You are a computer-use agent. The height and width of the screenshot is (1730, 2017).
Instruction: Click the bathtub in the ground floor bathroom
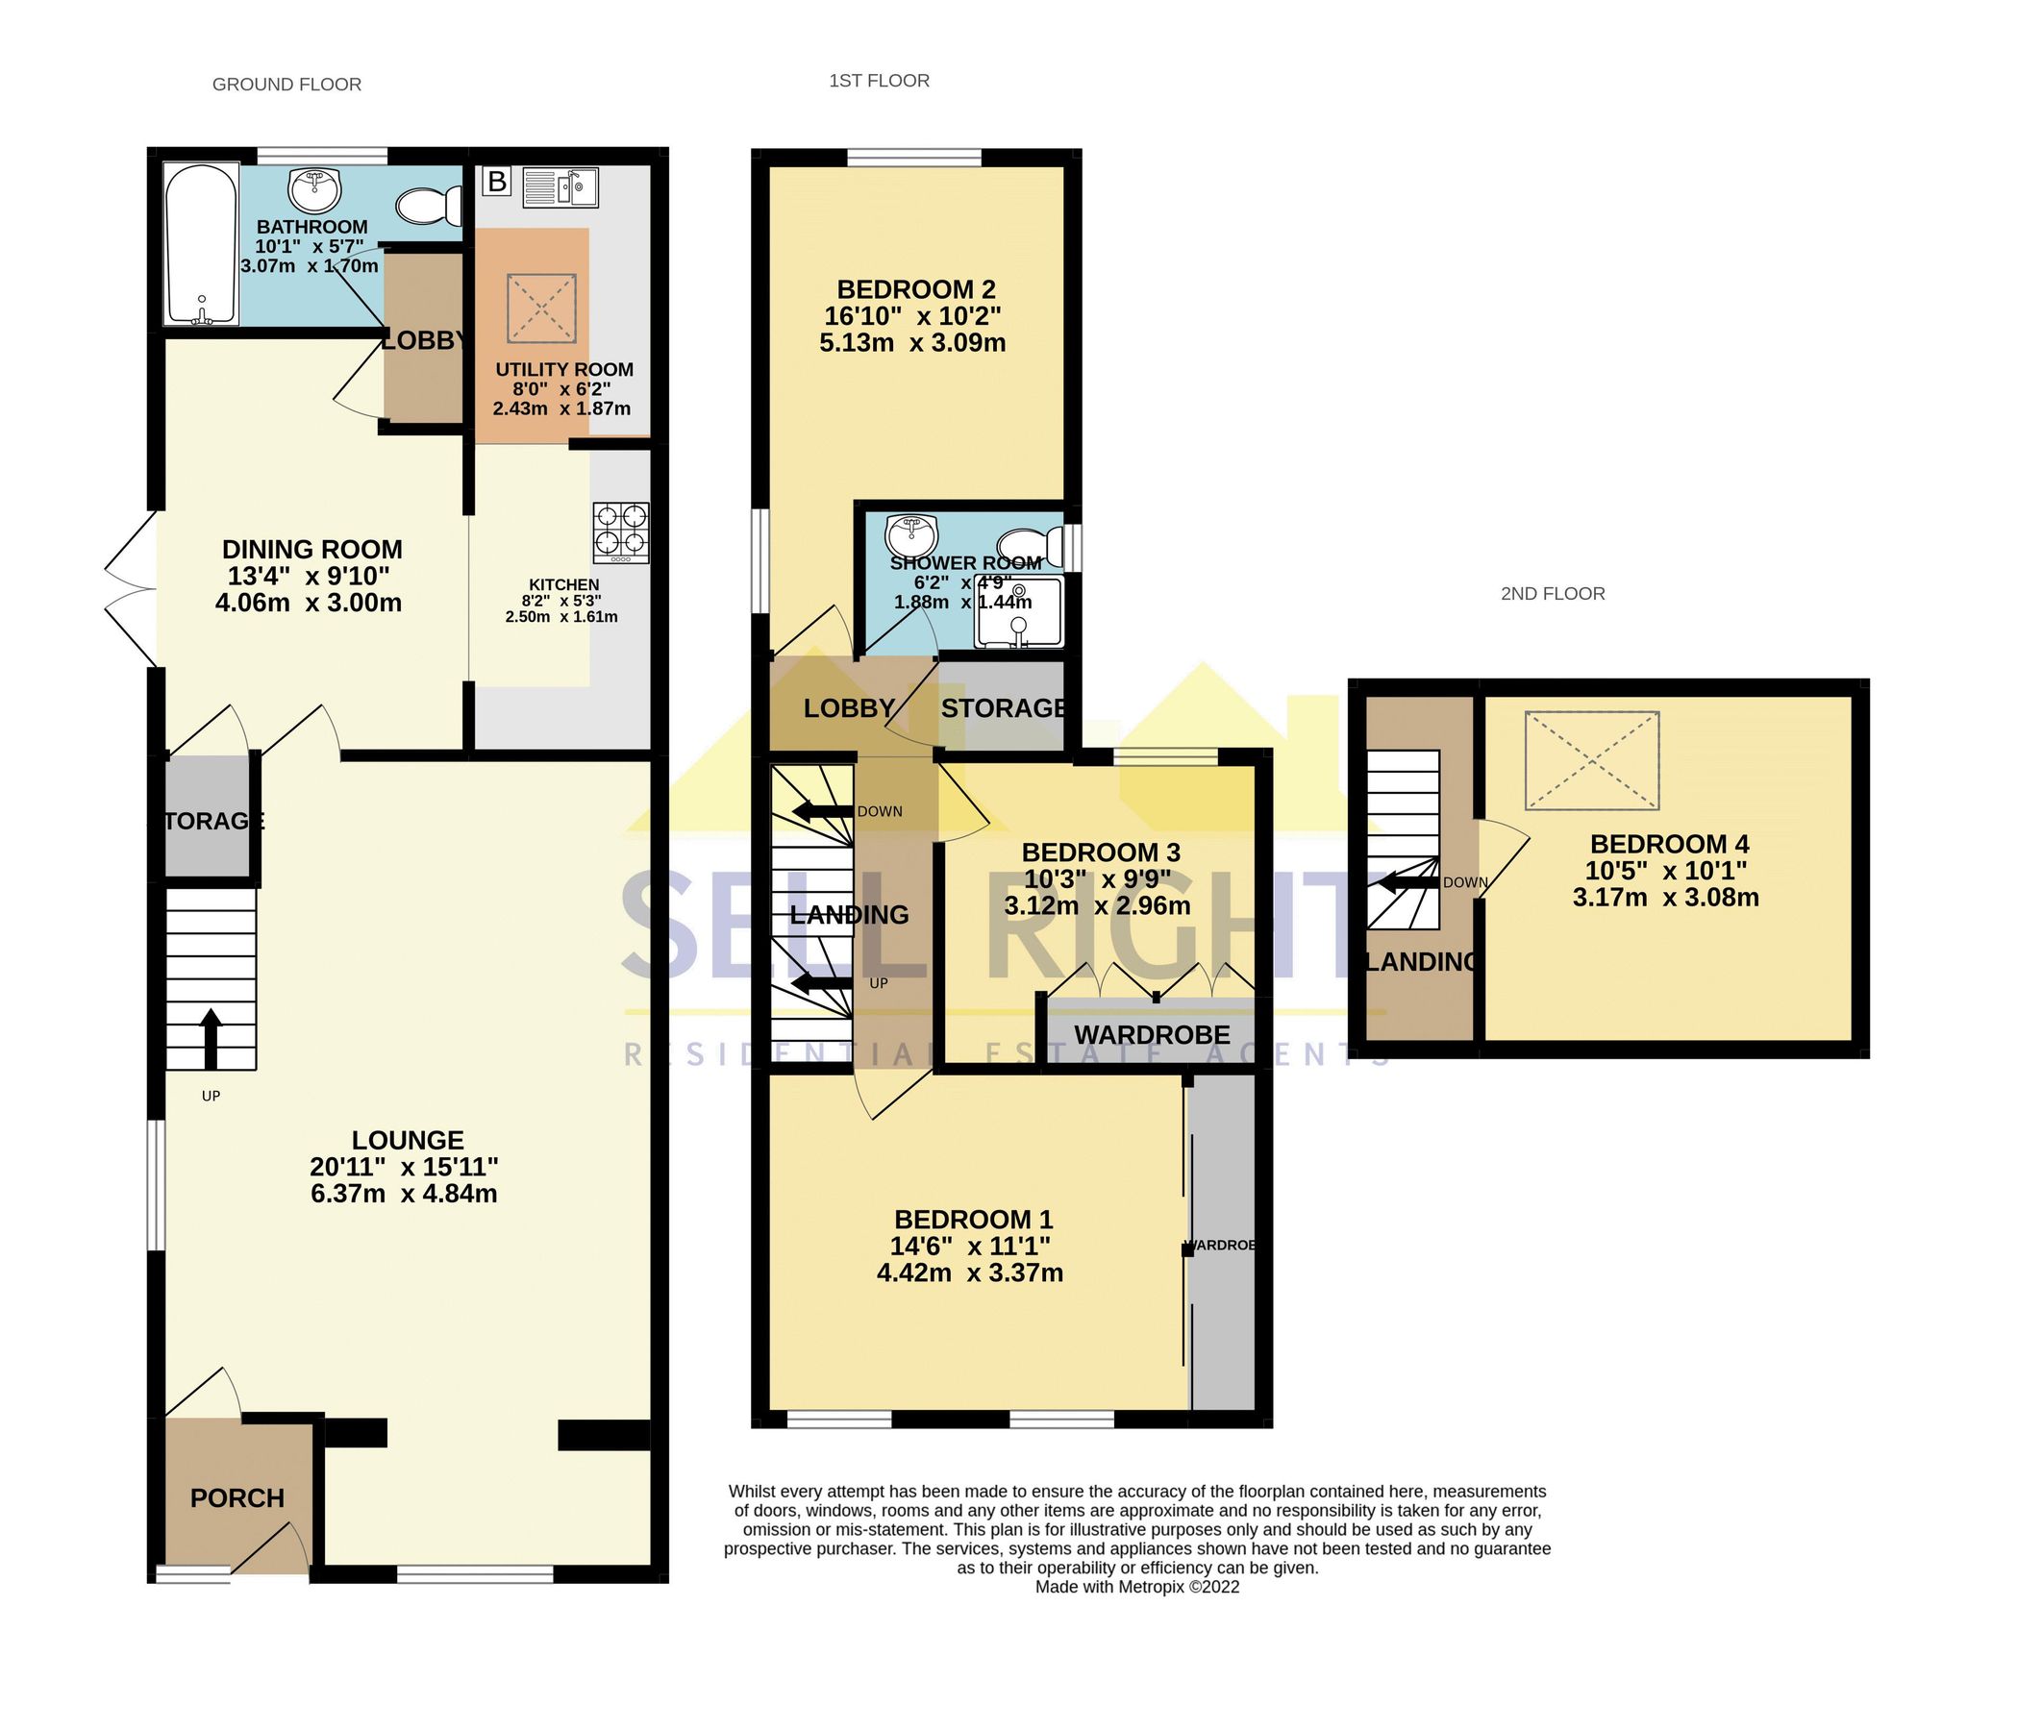pos(201,244)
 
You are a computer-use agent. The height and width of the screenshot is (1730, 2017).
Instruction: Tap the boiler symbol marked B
pos(496,181)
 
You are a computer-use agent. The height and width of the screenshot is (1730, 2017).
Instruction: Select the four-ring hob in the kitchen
pos(622,532)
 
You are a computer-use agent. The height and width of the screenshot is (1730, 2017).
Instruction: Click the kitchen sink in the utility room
pos(560,186)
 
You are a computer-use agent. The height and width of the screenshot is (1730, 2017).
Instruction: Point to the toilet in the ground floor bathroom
pos(430,207)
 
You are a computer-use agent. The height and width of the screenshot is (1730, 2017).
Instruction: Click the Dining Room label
pos(311,550)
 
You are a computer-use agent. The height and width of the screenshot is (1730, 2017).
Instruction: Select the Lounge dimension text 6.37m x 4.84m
pos(404,1194)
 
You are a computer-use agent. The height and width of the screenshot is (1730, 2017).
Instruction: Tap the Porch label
pos(237,1498)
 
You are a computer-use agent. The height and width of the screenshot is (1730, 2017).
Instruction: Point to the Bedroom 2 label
pos(916,290)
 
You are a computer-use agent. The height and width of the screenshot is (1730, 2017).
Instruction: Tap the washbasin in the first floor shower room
pos(911,534)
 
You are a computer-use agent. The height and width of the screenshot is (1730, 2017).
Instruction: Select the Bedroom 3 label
pos(1100,853)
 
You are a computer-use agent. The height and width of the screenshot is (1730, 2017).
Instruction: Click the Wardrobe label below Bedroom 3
pos(1152,1034)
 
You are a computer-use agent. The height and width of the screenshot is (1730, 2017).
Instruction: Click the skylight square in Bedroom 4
pos(1592,761)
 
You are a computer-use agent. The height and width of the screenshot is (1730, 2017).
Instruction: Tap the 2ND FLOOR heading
pos(1552,594)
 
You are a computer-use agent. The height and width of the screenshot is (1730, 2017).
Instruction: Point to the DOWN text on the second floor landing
pos(1464,883)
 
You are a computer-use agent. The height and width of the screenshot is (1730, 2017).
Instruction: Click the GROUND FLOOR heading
pos(286,85)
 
